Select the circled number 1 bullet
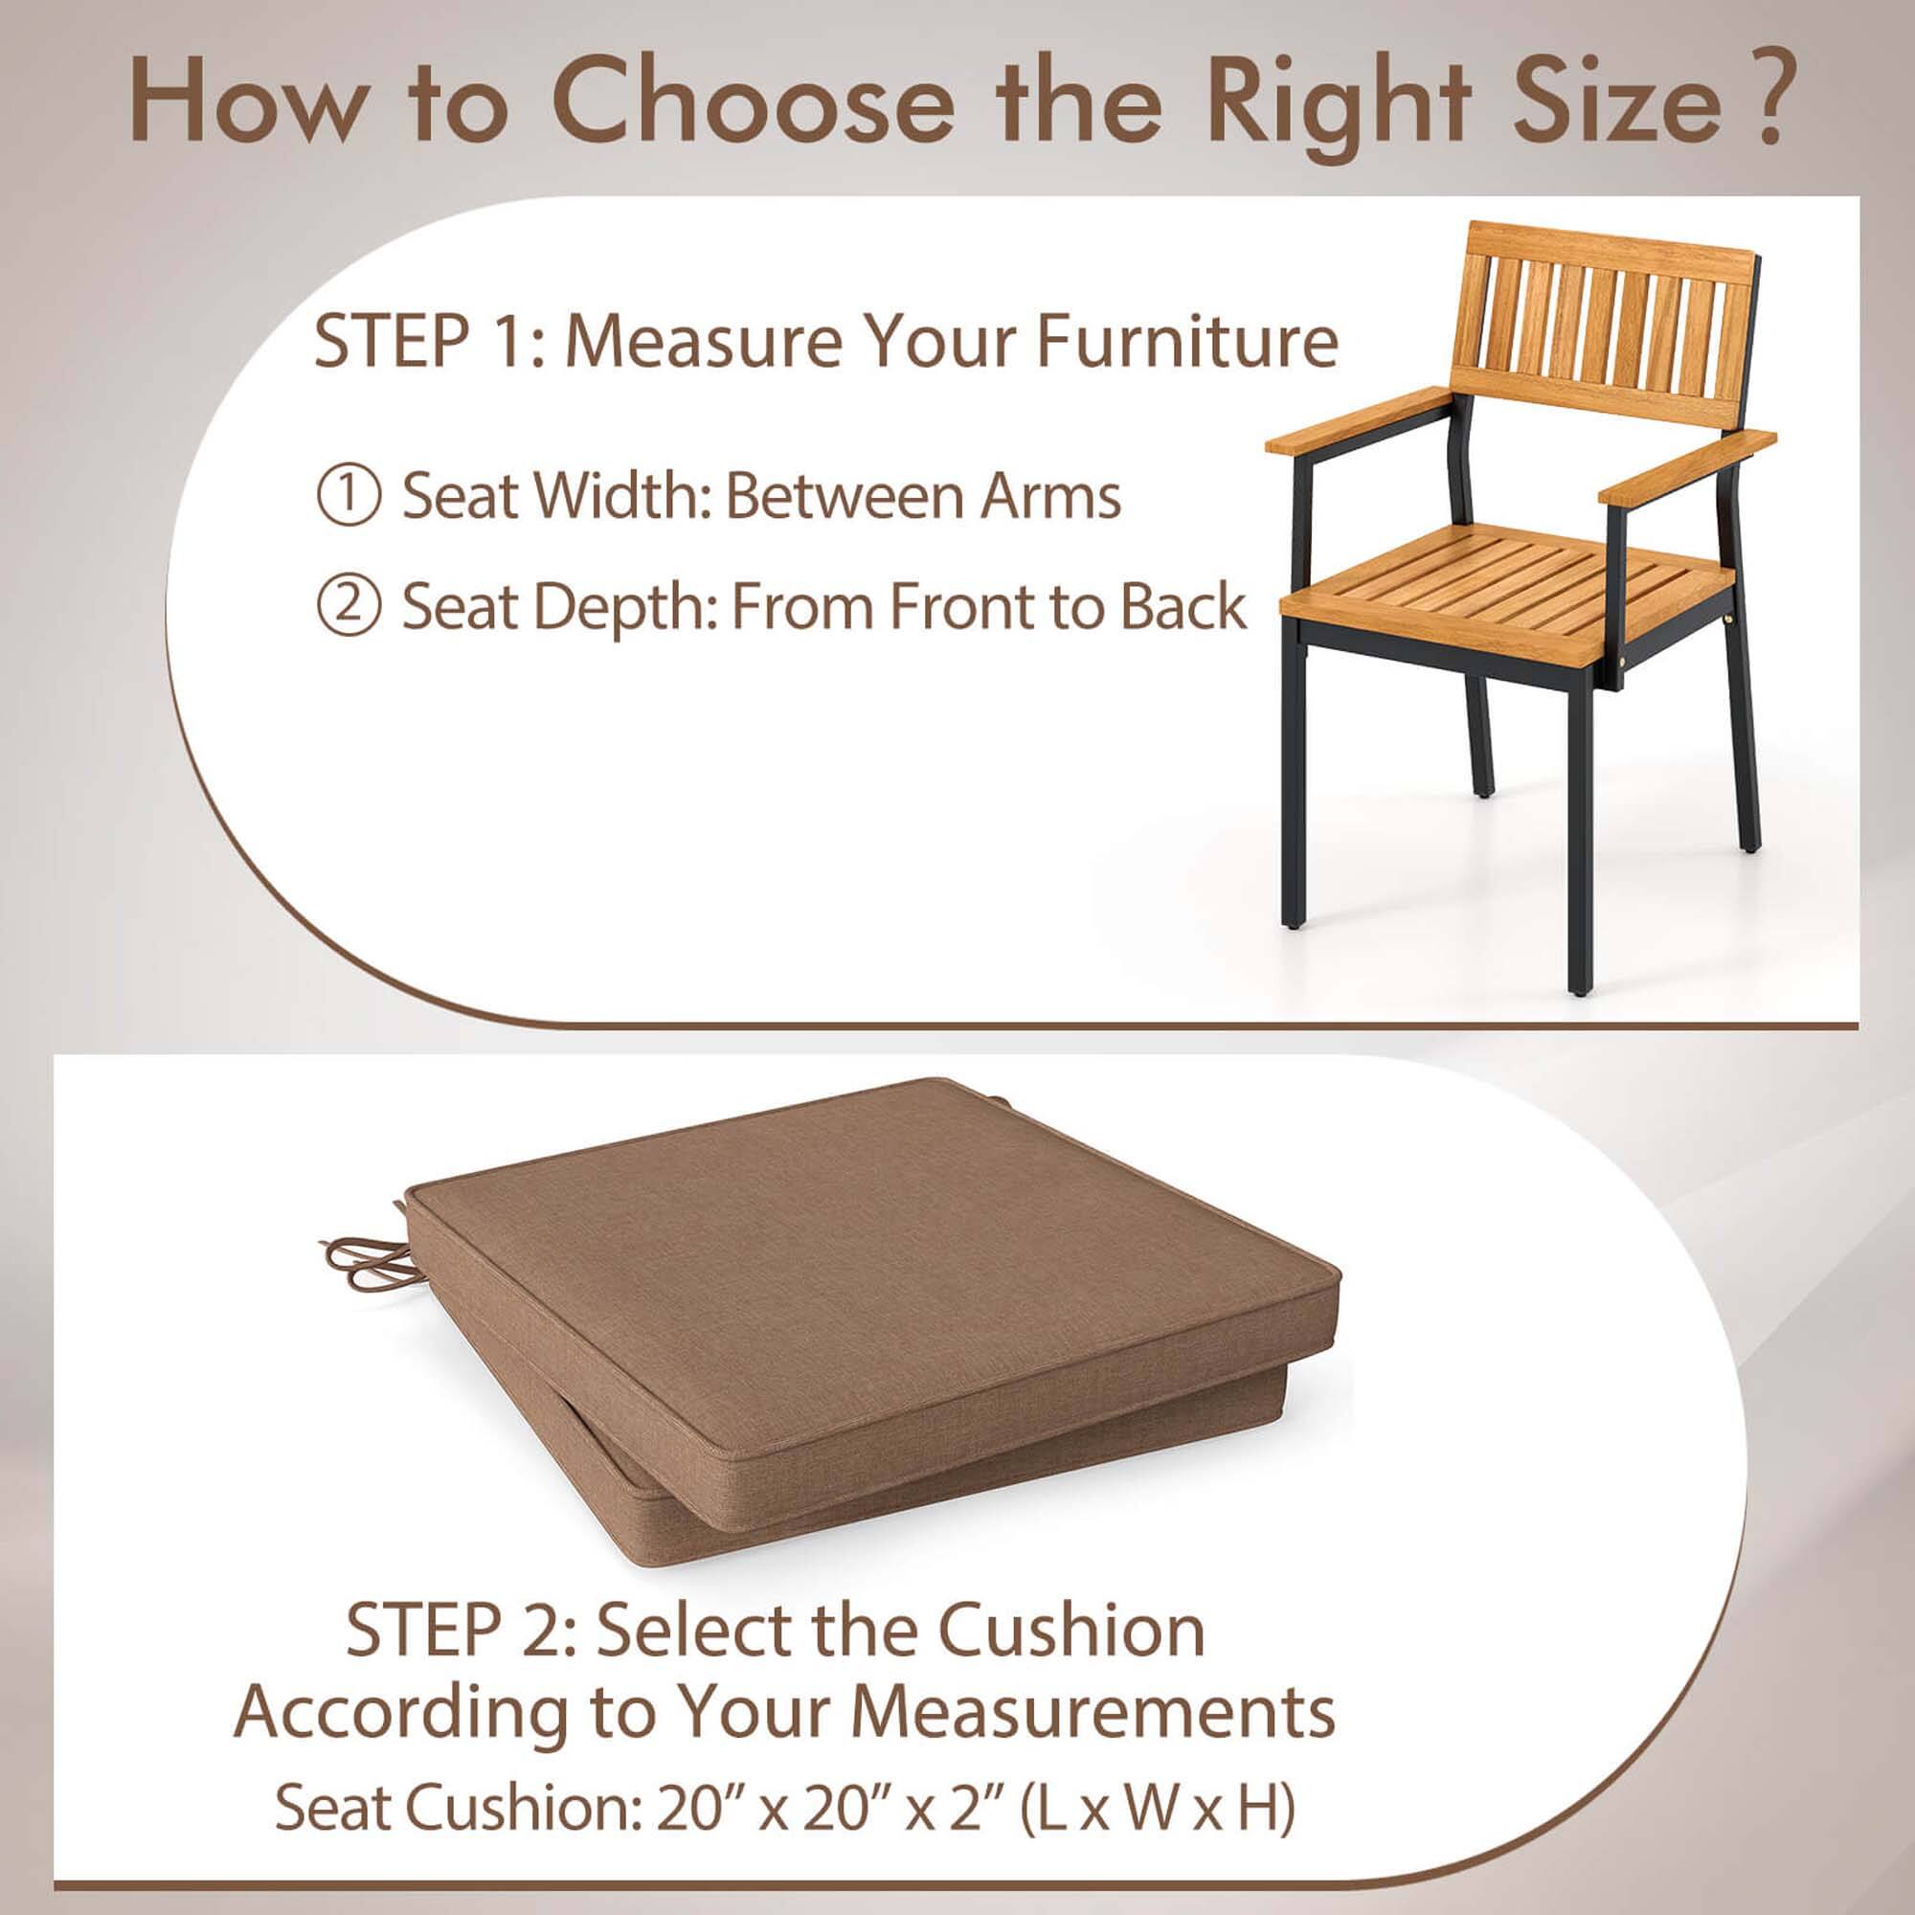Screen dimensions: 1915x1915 click(x=348, y=497)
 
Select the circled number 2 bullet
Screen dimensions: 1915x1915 click(x=348, y=608)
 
